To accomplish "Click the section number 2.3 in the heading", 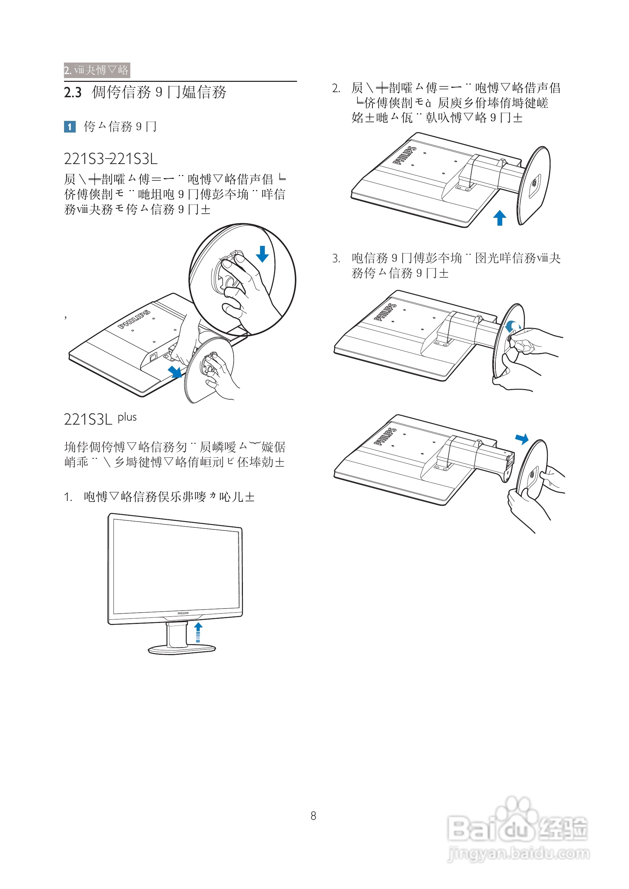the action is tap(73, 92).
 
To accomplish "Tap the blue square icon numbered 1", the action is tap(70, 127).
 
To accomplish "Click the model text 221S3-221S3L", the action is tap(111, 159).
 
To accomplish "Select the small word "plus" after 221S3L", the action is tap(127, 417).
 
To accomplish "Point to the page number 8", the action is tap(313, 816).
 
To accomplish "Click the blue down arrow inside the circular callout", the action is tap(262, 254).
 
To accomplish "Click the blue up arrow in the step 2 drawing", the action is tap(500, 217).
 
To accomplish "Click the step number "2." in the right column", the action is tap(336, 89).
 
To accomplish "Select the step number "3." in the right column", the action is tap(336, 258).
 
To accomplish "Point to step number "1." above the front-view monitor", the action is tap(68, 497).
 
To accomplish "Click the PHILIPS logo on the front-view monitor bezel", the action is tap(183, 613).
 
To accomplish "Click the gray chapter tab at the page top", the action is tap(97, 70).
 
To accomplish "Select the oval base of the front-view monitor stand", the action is tap(182, 649).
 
